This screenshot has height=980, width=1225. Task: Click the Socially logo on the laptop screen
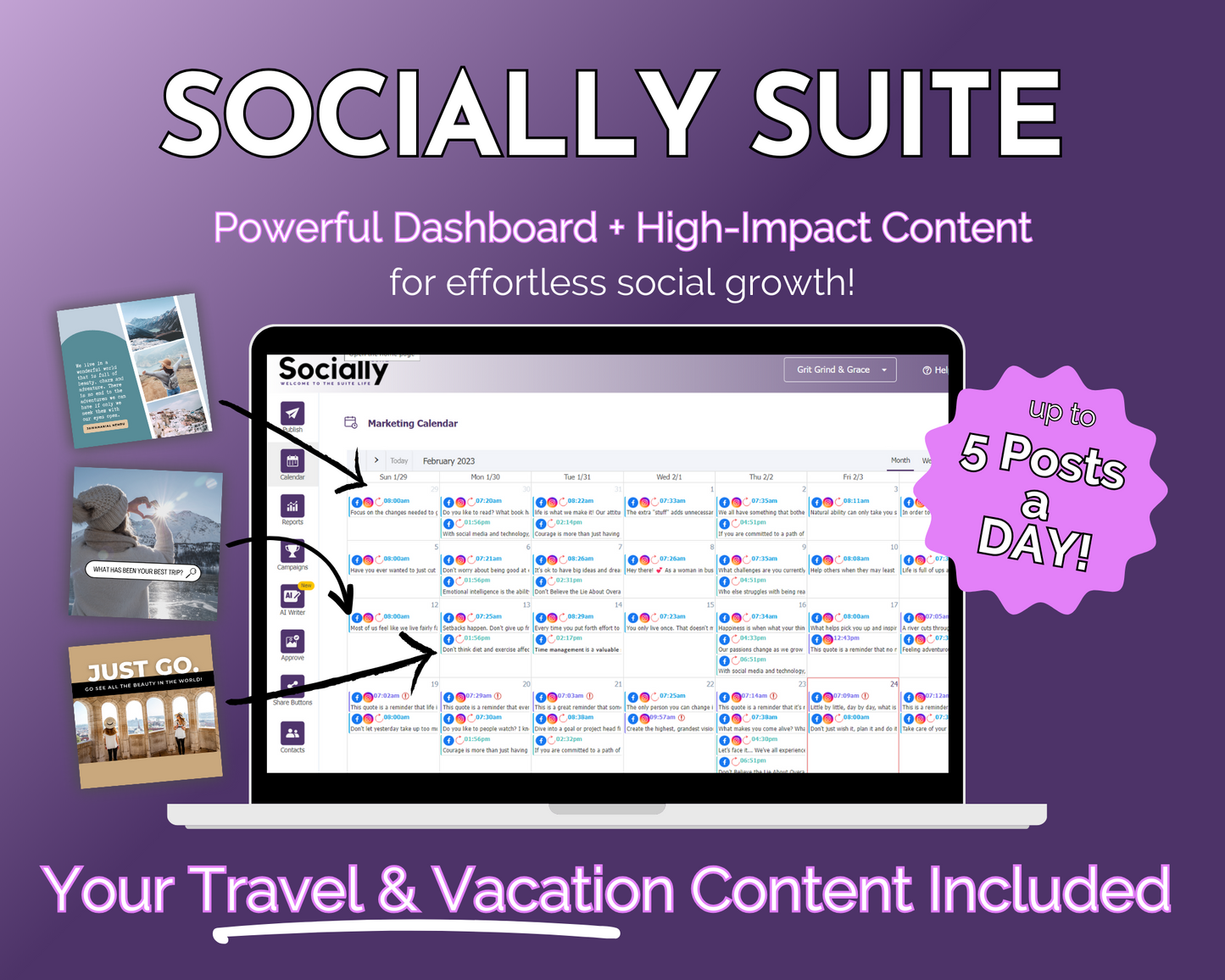pos(333,370)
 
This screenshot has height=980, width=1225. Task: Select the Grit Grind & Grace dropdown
pos(839,370)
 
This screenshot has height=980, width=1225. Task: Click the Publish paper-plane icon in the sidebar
pos(292,414)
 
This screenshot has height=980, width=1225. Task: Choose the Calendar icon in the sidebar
pos(292,461)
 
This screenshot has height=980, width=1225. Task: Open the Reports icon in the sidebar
pos(292,506)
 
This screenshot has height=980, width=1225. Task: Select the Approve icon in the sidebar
pos(292,642)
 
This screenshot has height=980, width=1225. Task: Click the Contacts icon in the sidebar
pos(292,733)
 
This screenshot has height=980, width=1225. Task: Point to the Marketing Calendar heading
pos(412,423)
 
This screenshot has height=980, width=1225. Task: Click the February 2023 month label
pos(448,461)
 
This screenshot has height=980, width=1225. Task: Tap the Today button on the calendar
pos(399,461)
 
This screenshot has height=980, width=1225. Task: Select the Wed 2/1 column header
pos(669,477)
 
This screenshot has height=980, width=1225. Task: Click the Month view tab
pos(900,460)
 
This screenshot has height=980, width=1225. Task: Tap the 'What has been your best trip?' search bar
pos(142,571)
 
